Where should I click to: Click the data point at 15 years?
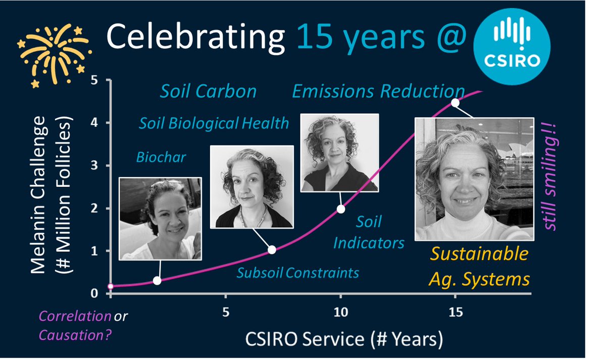point(455,102)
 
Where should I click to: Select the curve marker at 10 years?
point(341,209)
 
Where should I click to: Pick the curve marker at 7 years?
point(272,249)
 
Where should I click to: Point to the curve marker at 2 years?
point(157,281)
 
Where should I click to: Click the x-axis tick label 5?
point(226,313)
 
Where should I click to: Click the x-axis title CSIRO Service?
point(338,339)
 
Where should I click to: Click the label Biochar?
point(161,157)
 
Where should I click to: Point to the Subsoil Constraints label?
point(298,273)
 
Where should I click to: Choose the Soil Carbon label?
point(208,91)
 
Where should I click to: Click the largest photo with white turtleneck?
point(474,179)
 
